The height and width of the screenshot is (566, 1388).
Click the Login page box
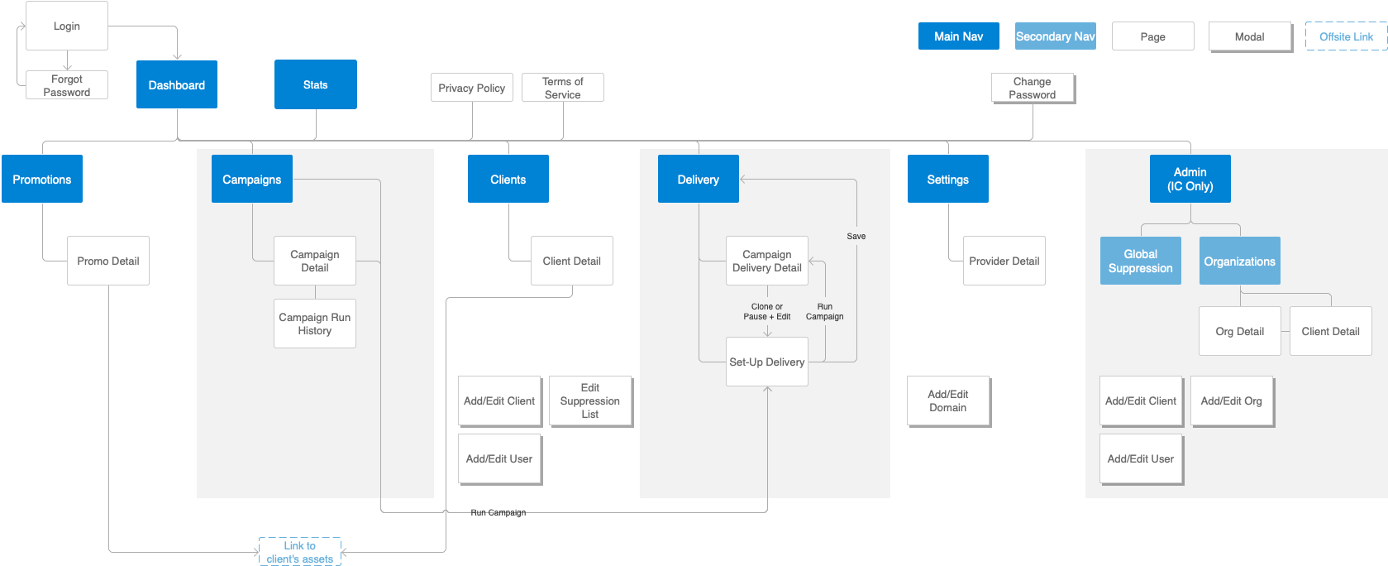point(67,26)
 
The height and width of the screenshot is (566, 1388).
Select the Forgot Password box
point(67,85)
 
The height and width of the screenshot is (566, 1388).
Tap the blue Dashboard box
point(177,84)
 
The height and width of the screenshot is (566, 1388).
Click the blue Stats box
point(316,84)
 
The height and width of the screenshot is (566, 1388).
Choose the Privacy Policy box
point(472,88)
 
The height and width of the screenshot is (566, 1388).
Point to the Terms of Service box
point(563,88)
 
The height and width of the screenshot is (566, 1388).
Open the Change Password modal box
point(1033,88)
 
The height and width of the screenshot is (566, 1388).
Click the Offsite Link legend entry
point(1346,36)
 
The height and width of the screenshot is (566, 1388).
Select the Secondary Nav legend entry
point(1055,36)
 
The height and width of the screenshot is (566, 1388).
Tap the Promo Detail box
point(108,261)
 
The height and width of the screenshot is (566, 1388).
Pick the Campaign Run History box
point(315,324)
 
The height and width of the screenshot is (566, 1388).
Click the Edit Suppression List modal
point(590,401)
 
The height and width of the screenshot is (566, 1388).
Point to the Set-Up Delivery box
point(767,362)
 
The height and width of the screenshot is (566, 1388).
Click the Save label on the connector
point(856,236)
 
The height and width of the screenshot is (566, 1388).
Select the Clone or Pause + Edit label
point(767,311)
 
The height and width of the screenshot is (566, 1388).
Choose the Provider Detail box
point(1004,261)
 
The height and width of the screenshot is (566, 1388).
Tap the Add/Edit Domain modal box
point(948,401)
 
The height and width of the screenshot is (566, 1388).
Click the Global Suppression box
point(1141,261)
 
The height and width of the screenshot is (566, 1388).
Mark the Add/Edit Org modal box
point(1232,401)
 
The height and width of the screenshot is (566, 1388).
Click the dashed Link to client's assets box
point(300,552)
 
